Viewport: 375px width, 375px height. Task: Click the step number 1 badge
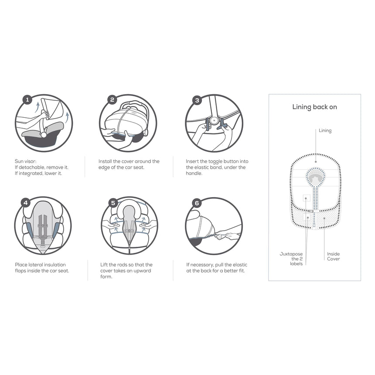(x=27, y=100)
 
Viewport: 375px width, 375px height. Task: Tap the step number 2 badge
(x=112, y=100)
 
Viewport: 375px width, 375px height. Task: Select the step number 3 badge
(x=197, y=100)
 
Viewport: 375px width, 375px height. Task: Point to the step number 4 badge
(x=26, y=203)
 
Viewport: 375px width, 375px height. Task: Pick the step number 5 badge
(x=113, y=203)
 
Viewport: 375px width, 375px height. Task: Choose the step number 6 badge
(x=197, y=203)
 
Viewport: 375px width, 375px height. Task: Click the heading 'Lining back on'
(x=314, y=107)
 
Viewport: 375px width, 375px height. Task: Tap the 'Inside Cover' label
(x=334, y=256)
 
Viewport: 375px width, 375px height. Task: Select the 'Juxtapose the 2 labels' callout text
(x=291, y=259)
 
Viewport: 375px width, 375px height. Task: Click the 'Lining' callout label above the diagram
(x=325, y=130)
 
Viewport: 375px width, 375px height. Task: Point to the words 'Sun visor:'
(x=26, y=161)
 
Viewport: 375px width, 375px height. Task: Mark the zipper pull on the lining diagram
(x=310, y=211)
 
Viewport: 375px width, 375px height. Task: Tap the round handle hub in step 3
(x=214, y=120)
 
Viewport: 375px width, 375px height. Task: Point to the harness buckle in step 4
(x=43, y=237)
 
